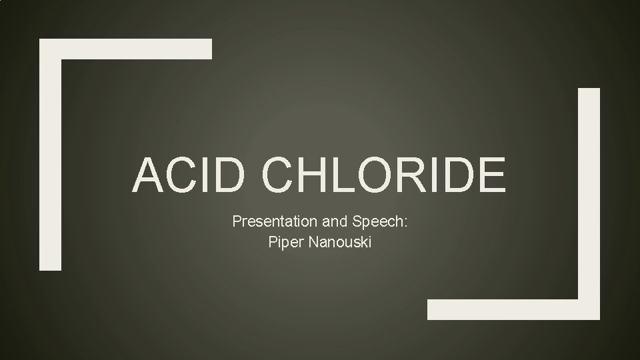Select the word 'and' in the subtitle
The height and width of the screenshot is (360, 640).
(325, 222)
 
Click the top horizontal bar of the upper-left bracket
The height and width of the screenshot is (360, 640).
(127, 49)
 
